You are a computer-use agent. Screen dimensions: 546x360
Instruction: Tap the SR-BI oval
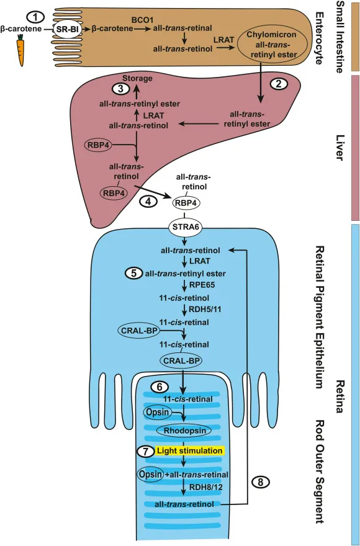tap(70, 29)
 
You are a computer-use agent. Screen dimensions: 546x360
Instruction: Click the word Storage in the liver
tap(137, 79)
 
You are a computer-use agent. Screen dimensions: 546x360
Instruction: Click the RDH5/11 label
tap(208, 310)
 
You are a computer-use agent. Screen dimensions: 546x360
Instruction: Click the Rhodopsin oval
tap(184, 430)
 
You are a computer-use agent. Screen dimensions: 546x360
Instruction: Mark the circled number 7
tap(145, 451)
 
